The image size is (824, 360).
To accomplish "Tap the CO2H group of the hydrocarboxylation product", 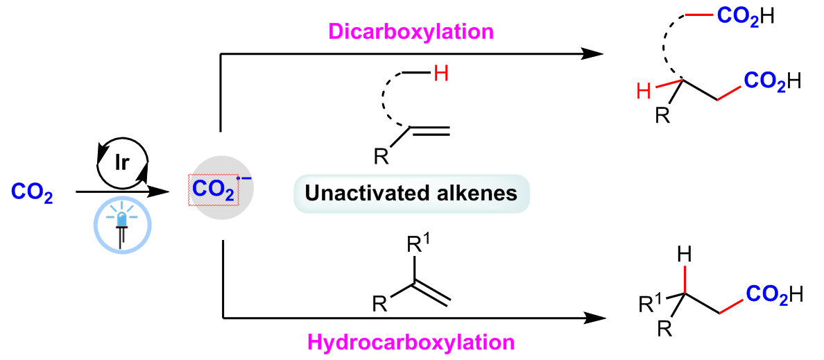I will (775, 294).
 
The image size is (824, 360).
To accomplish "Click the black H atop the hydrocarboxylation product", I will (686, 256).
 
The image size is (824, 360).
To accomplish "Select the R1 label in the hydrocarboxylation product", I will (650, 304).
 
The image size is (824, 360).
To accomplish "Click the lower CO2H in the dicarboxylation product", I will (772, 82).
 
